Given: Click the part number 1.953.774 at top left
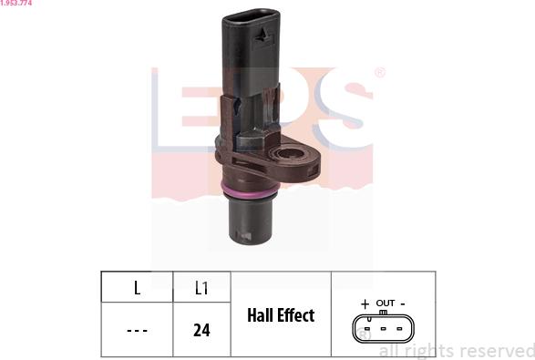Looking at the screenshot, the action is point(16,3).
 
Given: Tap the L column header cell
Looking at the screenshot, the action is point(137,287).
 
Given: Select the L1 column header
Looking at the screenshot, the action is point(201,287).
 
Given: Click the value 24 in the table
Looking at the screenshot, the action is point(201,330).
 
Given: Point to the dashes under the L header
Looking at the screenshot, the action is point(137,330).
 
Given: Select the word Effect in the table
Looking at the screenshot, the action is point(296,315).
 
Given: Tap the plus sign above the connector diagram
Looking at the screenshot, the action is point(365,303).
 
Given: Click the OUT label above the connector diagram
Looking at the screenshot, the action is point(386,303).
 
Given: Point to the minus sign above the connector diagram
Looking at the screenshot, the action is point(403,303).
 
